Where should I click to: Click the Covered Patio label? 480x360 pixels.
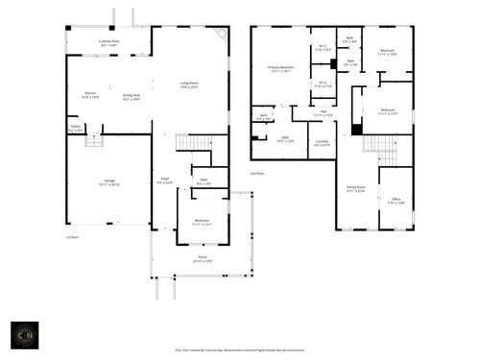[x=108, y=43]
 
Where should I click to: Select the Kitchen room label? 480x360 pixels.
[x=90, y=95]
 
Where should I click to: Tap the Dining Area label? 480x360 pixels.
[x=131, y=96]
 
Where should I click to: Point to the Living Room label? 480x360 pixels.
[x=189, y=84]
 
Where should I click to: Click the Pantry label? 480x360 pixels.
[x=75, y=128]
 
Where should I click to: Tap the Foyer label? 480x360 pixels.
[x=164, y=180]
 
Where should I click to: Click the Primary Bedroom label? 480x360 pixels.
[x=280, y=68]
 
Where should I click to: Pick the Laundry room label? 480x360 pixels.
[x=322, y=144]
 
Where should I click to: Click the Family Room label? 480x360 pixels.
[x=356, y=189]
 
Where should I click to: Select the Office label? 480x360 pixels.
[x=396, y=202]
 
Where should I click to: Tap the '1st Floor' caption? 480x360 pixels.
[x=71, y=236]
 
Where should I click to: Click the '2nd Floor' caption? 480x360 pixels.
[x=256, y=174]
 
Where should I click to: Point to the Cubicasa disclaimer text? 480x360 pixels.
[x=239, y=351]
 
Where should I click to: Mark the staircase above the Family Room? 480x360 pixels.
[x=380, y=145]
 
